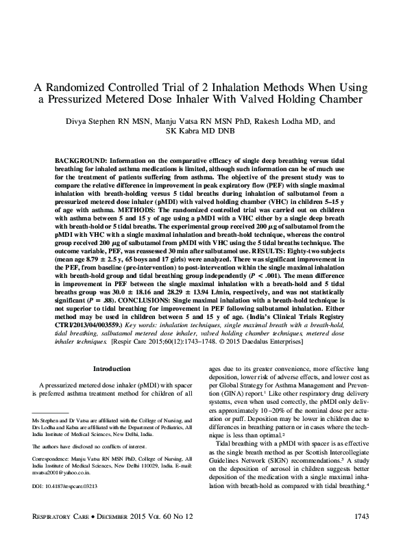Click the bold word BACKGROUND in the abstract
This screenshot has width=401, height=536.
pos(81,158)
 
